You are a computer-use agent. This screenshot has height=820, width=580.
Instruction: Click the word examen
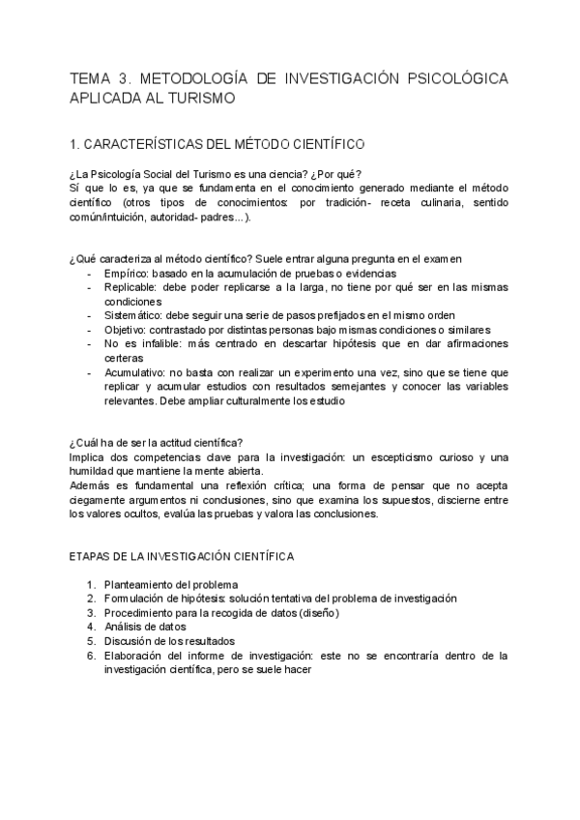click(442, 258)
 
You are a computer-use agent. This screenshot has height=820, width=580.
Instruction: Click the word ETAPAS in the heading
click(91, 557)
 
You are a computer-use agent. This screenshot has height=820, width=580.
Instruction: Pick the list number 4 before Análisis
click(90, 627)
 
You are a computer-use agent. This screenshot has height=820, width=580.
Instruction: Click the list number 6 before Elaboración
click(90, 655)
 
